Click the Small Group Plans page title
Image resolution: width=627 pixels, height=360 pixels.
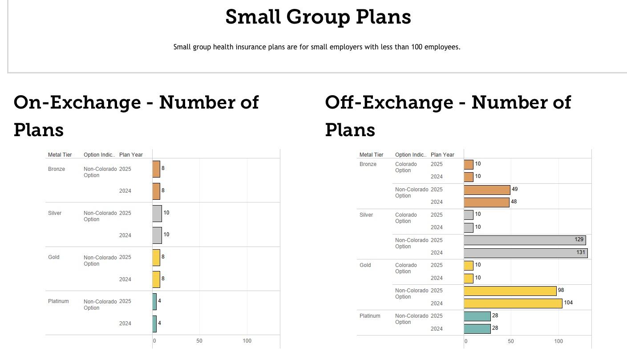pyautogui.click(x=318, y=17)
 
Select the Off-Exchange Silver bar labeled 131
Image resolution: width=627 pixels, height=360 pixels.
pyautogui.click(x=525, y=253)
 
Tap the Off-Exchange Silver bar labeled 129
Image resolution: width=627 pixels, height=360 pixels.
pyautogui.click(x=524, y=240)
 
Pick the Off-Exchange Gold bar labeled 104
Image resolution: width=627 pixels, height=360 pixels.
pyautogui.click(x=513, y=303)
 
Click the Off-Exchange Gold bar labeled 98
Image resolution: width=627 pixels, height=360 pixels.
pyautogui.click(x=510, y=291)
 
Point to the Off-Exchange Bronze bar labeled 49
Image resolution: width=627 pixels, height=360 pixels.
pyautogui.click(x=487, y=190)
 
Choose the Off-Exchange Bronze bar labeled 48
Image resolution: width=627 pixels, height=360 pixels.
pyautogui.click(x=486, y=202)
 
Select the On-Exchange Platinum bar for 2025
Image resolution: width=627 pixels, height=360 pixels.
pyautogui.click(x=154, y=302)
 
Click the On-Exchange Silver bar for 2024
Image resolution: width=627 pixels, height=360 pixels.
pyautogui.click(x=157, y=235)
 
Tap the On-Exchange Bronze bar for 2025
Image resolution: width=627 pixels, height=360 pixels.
pyautogui.click(x=156, y=169)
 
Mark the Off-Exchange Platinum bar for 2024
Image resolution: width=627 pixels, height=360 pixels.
pyautogui.click(x=477, y=329)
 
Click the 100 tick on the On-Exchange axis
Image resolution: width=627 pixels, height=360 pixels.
pyautogui.click(x=247, y=341)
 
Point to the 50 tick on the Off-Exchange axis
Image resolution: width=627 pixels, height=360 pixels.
pyautogui.click(x=510, y=341)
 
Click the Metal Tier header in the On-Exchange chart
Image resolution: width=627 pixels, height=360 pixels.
pyautogui.click(x=60, y=155)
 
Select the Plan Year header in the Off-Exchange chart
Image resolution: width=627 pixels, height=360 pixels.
pyautogui.click(x=442, y=155)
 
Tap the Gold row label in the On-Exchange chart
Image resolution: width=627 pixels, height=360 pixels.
pyautogui.click(x=53, y=257)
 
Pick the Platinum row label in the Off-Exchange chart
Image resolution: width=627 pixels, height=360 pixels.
pyautogui.click(x=370, y=316)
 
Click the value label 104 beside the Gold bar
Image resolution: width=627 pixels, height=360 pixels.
pyautogui.click(x=568, y=303)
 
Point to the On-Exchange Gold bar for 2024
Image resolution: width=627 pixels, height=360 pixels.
pyautogui.click(x=156, y=279)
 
